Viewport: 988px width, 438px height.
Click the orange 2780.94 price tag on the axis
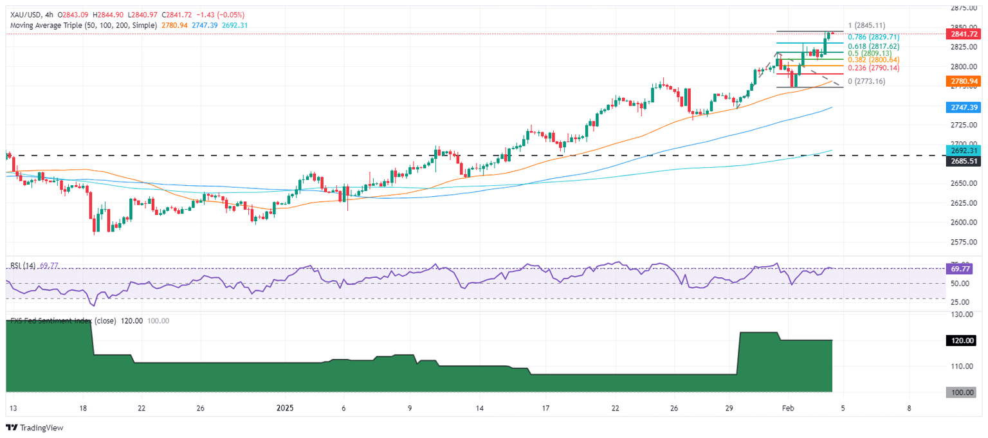[964, 81]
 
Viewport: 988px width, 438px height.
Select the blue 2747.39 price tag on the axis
[964, 107]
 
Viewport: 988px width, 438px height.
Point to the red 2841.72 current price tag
[964, 33]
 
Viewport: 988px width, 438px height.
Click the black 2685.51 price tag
[964, 161]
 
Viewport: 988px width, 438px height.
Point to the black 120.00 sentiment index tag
[964, 340]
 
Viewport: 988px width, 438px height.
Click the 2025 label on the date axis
[285, 408]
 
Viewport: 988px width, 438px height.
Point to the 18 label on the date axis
[84, 408]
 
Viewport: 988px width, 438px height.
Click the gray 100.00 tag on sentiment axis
[964, 392]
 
